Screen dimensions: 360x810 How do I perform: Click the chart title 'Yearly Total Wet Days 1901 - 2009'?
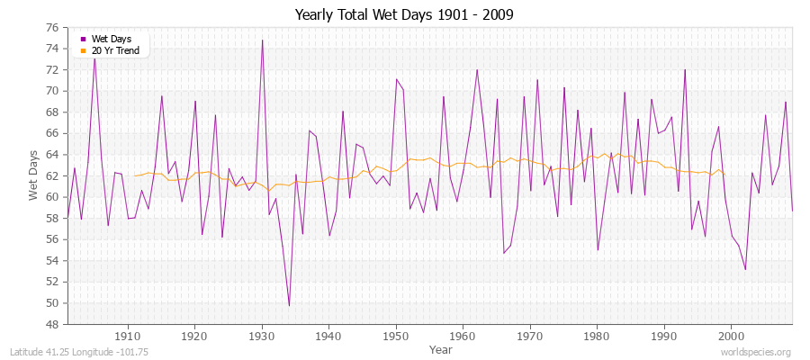pyautogui.click(x=404, y=15)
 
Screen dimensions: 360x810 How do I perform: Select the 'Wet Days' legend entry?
pyautogui.click(x=110, y=39)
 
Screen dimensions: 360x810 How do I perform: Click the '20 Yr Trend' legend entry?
pyautogui.click(x=114, y=50)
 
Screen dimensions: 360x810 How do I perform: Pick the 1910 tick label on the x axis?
pyautogui.click(x=128, y=336)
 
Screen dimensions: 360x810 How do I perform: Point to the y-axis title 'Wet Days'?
pyautogui.click(x=33, y=176)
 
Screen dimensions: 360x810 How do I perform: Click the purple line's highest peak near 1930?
pyautogui.click(x=262, y=40)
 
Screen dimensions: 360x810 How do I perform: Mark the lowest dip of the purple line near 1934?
pyautogui.click(x=289, y=305)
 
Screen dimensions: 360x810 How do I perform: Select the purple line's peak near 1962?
pyautogui.click(x=477, y=69)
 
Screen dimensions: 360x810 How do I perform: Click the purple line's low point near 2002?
pyautogui.click(x=745, y=269)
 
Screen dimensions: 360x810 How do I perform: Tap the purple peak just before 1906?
pyautogui.click(x=94, y=56)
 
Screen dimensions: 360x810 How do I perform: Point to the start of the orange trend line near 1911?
pyautogui.click(x=135, y=175)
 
